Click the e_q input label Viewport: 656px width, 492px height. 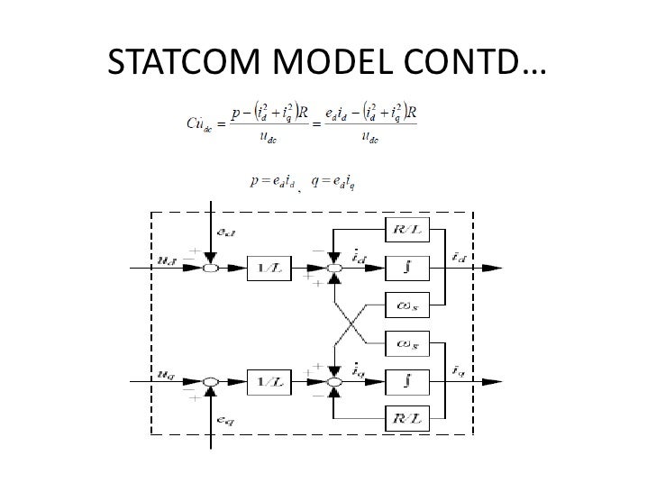click(x=225, y=419)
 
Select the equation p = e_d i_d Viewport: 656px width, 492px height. click(x=276, y=180)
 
